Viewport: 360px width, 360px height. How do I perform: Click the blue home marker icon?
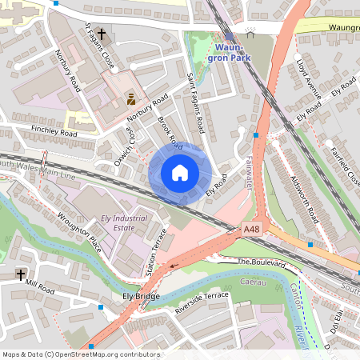[180, 173]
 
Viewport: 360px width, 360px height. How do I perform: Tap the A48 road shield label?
[252, 230]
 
